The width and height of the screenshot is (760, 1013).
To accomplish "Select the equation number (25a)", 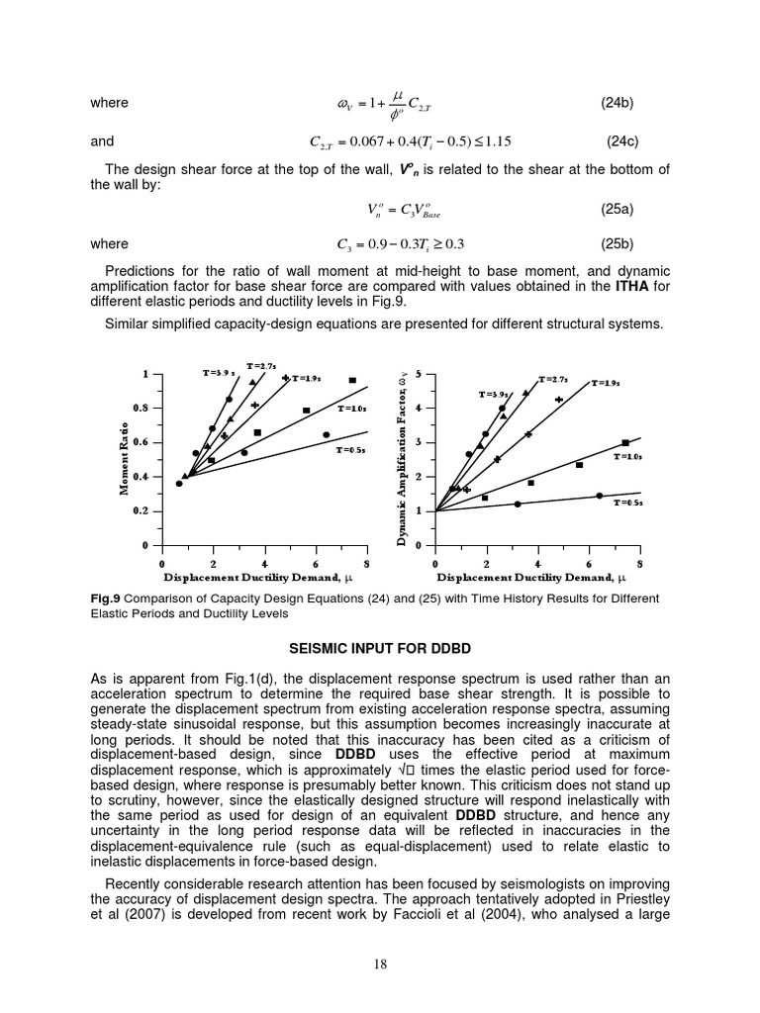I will (617, 209).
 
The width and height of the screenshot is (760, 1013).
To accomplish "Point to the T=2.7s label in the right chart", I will (553, 379).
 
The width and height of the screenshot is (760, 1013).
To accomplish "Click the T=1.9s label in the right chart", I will (607, 383).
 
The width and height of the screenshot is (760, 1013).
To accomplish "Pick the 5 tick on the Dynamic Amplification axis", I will (419, 374).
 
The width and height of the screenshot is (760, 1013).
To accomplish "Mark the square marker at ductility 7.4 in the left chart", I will (352, 380).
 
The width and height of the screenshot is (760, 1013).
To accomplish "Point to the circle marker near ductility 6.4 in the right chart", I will (599, 496).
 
